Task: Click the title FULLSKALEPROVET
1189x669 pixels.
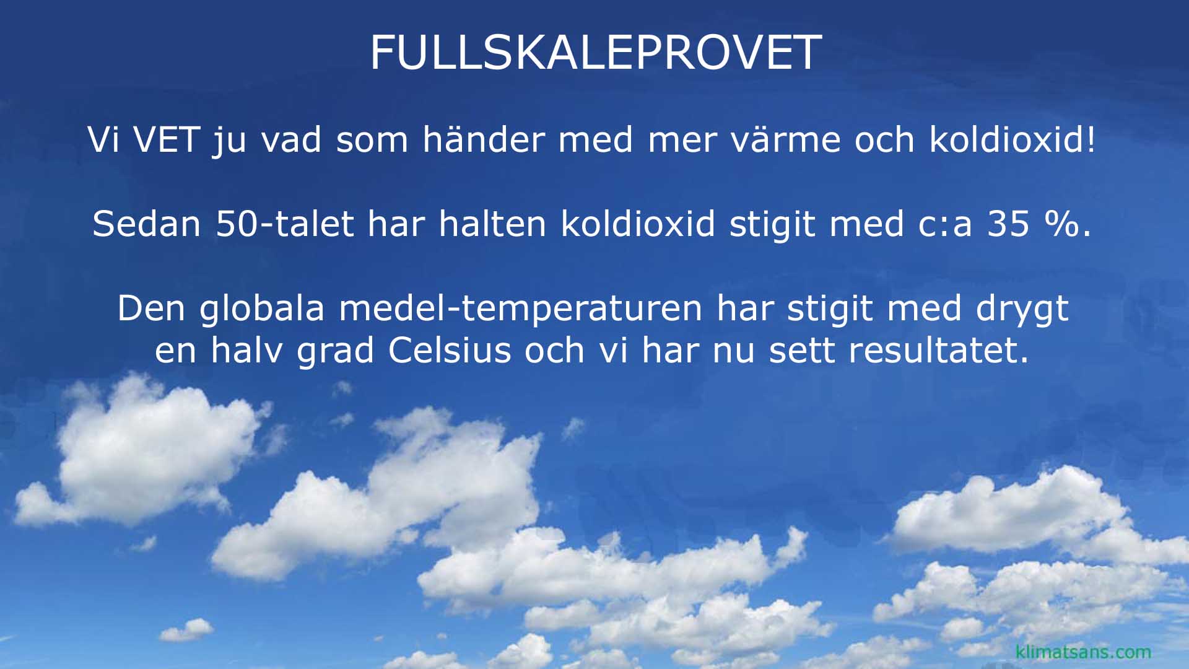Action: point(596,52)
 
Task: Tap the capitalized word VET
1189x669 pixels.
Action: point(166,139)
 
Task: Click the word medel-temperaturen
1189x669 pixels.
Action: point(520,308)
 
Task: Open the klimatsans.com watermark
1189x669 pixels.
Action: point(1083,652)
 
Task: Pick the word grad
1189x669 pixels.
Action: point(335,351)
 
